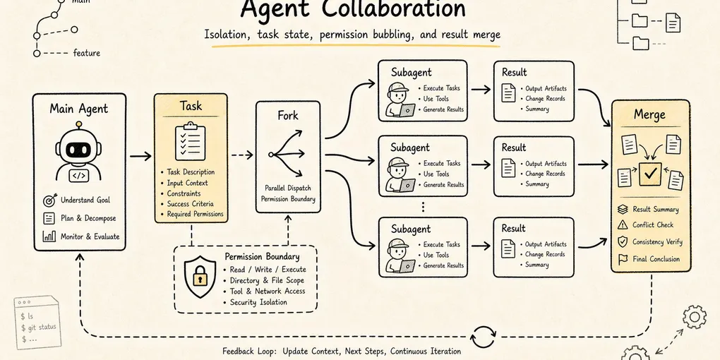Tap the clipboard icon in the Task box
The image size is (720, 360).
(190, 140)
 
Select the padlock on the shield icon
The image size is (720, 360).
(199, 277)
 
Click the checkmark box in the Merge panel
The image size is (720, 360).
(649, 174)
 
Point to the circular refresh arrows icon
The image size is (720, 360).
(484, 337)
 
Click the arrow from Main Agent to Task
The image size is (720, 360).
(140, 157)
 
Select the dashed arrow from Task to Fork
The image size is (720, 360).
(242, 155)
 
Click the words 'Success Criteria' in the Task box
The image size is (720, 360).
(190, 204)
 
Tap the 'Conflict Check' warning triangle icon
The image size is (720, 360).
(623, 224)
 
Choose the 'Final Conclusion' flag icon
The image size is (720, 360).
(623, 259)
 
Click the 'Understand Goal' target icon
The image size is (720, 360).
(49, 200)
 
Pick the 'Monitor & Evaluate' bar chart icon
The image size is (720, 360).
(49, 236)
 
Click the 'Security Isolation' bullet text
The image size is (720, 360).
(258, 302)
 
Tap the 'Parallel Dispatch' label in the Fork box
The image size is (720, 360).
(287, 188)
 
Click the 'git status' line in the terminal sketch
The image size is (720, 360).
(39, 328)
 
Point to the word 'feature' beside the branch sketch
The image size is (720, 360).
(86, 53)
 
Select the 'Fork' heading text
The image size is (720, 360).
(287, 115)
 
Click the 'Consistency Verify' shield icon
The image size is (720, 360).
(623, 241)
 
